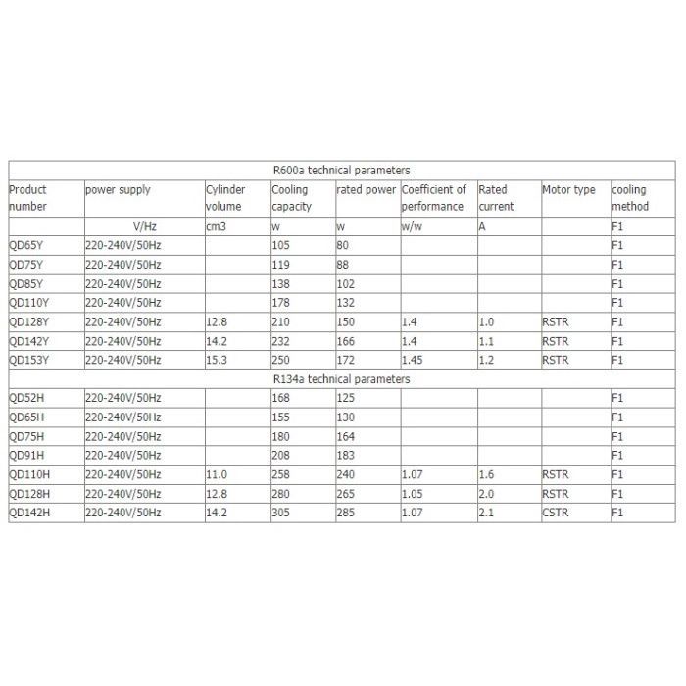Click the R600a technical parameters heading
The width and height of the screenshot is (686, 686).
coord(341,170)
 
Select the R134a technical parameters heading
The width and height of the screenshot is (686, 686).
coord(341,378)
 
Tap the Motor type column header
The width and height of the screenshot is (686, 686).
coord(568,189)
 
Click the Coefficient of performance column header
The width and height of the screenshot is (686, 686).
coord(433,198)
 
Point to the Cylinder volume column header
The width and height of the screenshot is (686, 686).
coord(224,198)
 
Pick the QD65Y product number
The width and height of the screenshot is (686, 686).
coord(28,246)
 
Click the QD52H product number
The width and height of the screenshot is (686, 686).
coord(27,398)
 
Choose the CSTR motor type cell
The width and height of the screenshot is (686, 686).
coord(555,512)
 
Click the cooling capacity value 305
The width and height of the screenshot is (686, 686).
coord(281,512)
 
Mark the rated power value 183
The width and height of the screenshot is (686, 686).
coord(345,455)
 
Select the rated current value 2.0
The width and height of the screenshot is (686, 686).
coord(486,493)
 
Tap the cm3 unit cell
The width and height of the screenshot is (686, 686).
coord(215,227)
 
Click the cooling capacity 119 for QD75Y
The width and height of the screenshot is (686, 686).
coord(280,265)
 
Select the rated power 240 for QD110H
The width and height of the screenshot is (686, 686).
coord(345,473)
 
